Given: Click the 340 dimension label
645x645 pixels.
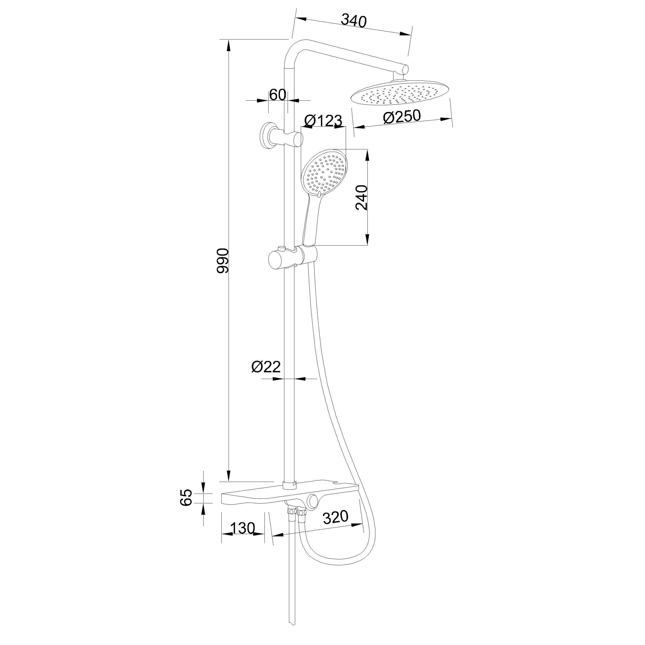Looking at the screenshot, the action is (354, 21).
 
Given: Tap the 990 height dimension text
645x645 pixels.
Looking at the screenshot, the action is (223, 261).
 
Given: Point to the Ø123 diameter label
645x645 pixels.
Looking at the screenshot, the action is (324, 120).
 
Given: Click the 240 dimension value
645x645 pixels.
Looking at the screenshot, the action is (361, 197).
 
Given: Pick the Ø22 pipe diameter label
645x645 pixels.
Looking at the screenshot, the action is (266, 367).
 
